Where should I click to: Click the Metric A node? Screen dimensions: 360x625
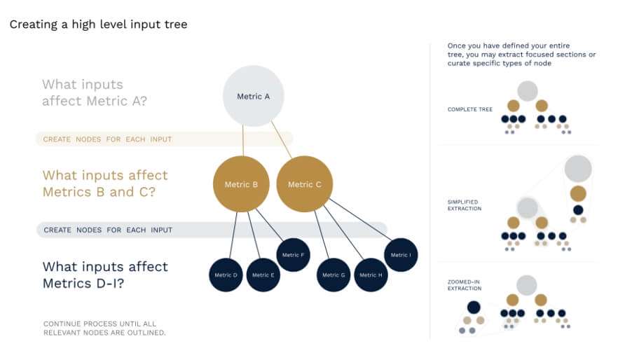coord(253,96)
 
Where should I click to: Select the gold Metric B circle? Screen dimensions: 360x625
coord(241,184)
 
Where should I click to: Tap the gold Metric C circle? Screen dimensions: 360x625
coord(305,184)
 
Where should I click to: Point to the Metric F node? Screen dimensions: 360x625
coord(294,255)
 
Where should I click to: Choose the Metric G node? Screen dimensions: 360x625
coord(334,275)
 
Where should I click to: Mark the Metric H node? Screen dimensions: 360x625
coord(371,275)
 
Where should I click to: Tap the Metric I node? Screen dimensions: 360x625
coord(401,255)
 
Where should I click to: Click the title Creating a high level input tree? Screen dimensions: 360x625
coord(98,25)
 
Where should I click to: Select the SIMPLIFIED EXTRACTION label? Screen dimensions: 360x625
coord(465,205)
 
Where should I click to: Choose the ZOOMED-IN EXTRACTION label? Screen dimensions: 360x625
coord(465,284)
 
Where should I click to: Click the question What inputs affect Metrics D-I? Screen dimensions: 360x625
coord(105,275)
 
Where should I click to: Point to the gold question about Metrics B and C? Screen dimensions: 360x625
coord(105,184)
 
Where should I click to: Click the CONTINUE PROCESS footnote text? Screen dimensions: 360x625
coord(104,328)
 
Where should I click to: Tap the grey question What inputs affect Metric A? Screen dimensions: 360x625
coord(94,92)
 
